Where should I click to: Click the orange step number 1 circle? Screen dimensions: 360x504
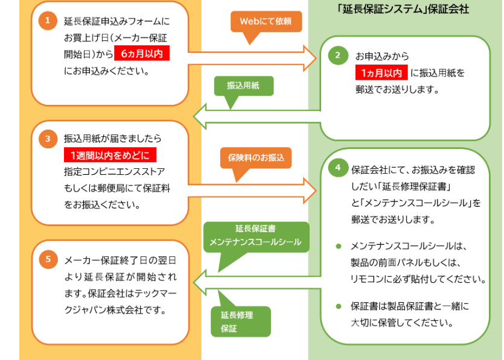pyautogui.click(x=48, y=21)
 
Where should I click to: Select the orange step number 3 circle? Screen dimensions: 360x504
pyautogui.click(x=48, y=139)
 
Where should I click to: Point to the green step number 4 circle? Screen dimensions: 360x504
pyautogui.click(x=338, y=168)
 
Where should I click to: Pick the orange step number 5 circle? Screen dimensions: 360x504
pyautogui.click(x=48, y=259)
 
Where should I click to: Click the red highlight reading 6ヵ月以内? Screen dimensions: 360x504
pyautogui.click(x=142, y=54)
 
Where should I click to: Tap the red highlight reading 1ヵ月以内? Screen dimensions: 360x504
pyautogui.click(x=381, y=72)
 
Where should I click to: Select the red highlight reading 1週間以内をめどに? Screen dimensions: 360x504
pyautogui.click(x=109, y=155)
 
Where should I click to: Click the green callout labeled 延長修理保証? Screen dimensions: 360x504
pyautogui.click(x=240, y=321)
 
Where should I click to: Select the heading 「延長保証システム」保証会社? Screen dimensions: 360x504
pyautogui.click(x=404, y=10)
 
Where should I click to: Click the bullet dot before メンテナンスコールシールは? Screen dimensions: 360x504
pyautogui.click(x=339, y=246)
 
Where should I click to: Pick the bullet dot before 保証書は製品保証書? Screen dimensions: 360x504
pyautogui.click(x=339, y=306)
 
